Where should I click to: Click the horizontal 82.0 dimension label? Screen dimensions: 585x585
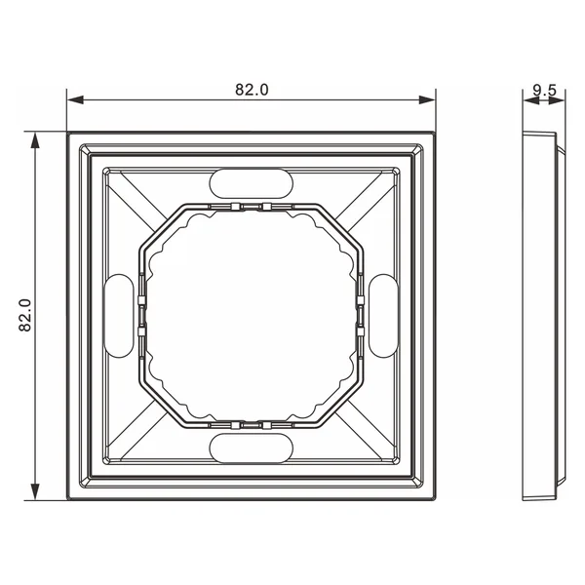click(252, 90)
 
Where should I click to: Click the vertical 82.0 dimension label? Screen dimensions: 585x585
click(25, 315)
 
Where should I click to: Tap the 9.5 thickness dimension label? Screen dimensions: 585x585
click(544, 91)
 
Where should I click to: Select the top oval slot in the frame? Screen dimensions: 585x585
click(252, 183)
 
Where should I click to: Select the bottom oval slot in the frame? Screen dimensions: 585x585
click(252, 448)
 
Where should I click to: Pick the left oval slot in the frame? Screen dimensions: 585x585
click(118, 316)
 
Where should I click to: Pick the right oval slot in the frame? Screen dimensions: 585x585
click(383, 316)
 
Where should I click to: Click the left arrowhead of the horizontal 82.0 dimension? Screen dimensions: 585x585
click(75, 100)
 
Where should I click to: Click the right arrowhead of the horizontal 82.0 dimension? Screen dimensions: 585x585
click(427, 100)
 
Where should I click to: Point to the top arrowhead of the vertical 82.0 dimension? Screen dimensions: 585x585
click(35, 140)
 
